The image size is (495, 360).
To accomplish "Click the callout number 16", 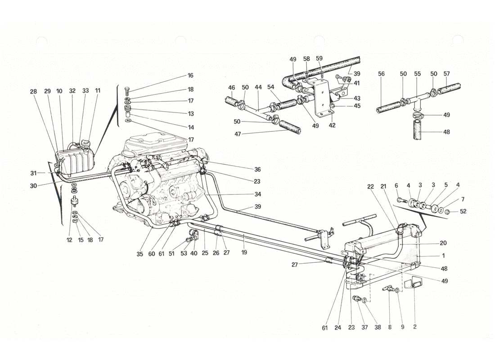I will (190, 76).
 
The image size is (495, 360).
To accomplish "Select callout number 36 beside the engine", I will (257, 170).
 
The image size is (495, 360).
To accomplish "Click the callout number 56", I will (382, 73).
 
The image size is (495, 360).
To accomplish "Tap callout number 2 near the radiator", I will (414, 327).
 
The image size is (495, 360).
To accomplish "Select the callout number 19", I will (244, 253).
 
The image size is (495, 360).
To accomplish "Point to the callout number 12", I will (69, 240).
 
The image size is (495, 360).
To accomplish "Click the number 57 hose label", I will (446, 73).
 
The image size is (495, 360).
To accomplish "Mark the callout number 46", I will (231, 88).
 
